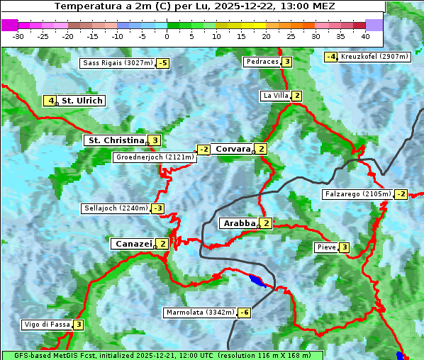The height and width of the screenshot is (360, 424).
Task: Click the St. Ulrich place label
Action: click(x=82, y=101)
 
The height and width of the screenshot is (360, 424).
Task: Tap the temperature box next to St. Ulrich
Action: click(x=50, y=101)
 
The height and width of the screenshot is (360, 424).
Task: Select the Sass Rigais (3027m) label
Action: click(x=118, y=63)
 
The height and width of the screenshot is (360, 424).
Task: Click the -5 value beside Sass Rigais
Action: click(x=163, y=63)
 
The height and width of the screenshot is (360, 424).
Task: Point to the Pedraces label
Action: click(x=262, y=62)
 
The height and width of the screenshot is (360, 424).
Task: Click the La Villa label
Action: click(x=275, y=96)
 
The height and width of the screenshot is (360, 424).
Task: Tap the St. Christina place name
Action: click(x=115, y=140)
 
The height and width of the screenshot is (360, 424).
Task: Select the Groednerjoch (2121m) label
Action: click(x=154, y=157)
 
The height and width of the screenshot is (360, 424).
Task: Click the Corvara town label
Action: click(x=233, y=149)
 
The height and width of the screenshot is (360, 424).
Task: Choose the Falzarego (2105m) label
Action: click(x=357, y=193)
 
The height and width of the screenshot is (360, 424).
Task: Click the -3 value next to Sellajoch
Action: click(x=157, y=208)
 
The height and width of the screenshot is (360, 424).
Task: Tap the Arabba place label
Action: click(x=238, y=223)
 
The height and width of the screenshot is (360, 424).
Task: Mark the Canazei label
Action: click(x=132, y=244)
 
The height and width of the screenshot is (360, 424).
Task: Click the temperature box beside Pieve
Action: click(x=344, y=247)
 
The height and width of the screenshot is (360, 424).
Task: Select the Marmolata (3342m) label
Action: click(x=200, y=313)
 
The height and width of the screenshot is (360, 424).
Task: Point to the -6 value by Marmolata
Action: click(x=245, y=313)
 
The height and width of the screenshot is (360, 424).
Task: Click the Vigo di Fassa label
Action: click(x=47, y=325)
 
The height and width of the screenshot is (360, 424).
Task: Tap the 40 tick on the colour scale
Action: click(x=365, y=35)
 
